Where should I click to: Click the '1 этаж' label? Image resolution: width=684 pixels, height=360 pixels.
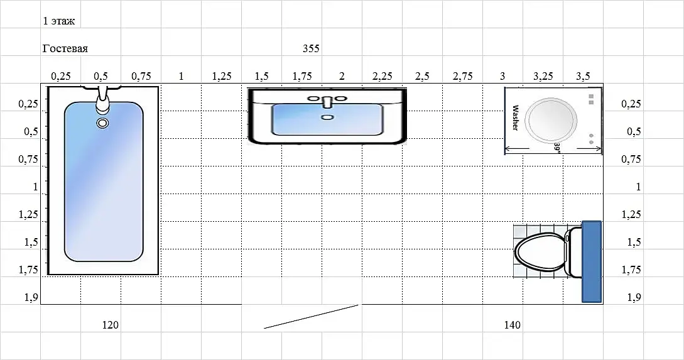(x=59, y=21)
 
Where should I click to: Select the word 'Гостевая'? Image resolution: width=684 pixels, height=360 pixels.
(x=65, y=48)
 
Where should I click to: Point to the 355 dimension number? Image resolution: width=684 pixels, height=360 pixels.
(x=311, y=48)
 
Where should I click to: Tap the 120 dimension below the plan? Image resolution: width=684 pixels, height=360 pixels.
(x=111, y=325)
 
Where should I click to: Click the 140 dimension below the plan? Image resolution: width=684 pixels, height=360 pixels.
(x=512, y=325)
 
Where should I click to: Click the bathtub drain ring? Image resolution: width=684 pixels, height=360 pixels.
(x=102, y=123)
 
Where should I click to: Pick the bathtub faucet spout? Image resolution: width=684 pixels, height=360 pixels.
(x=102, y=99)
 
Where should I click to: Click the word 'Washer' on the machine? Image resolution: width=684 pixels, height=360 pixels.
(x=515, y=117)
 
